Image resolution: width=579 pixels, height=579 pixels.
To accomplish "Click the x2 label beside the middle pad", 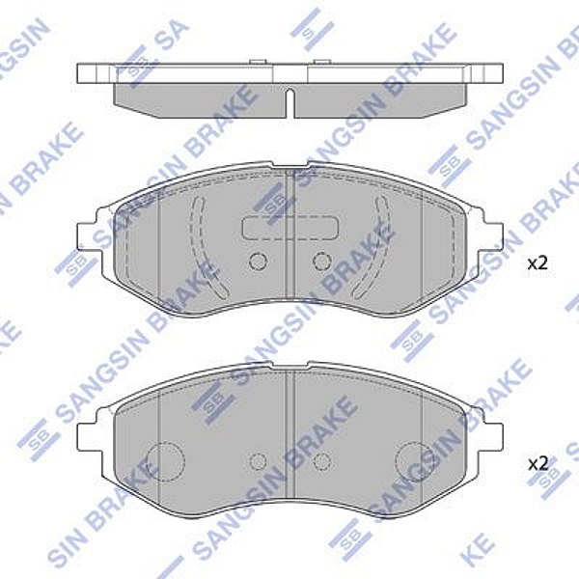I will click(537, 262).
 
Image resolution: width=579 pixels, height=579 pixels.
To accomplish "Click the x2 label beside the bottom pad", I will click(537, 464).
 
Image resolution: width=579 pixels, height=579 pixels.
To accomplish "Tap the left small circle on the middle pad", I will click(258, 261).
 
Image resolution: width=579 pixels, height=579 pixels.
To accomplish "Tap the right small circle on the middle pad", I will click(323, 261).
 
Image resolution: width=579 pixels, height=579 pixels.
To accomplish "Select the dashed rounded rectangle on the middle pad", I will click(290, 229).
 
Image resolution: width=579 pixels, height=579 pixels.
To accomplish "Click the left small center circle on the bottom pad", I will click(258, 461).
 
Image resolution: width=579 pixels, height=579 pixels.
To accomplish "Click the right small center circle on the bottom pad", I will click(323, 461).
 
